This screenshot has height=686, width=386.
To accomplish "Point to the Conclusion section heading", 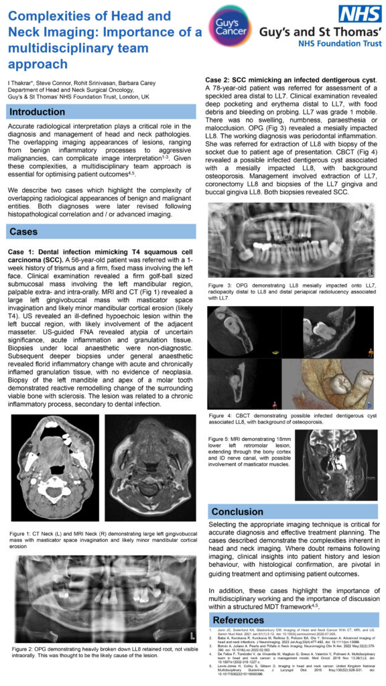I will [x=239, y=512].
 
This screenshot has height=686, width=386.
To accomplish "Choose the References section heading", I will [x=239, y=620].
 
